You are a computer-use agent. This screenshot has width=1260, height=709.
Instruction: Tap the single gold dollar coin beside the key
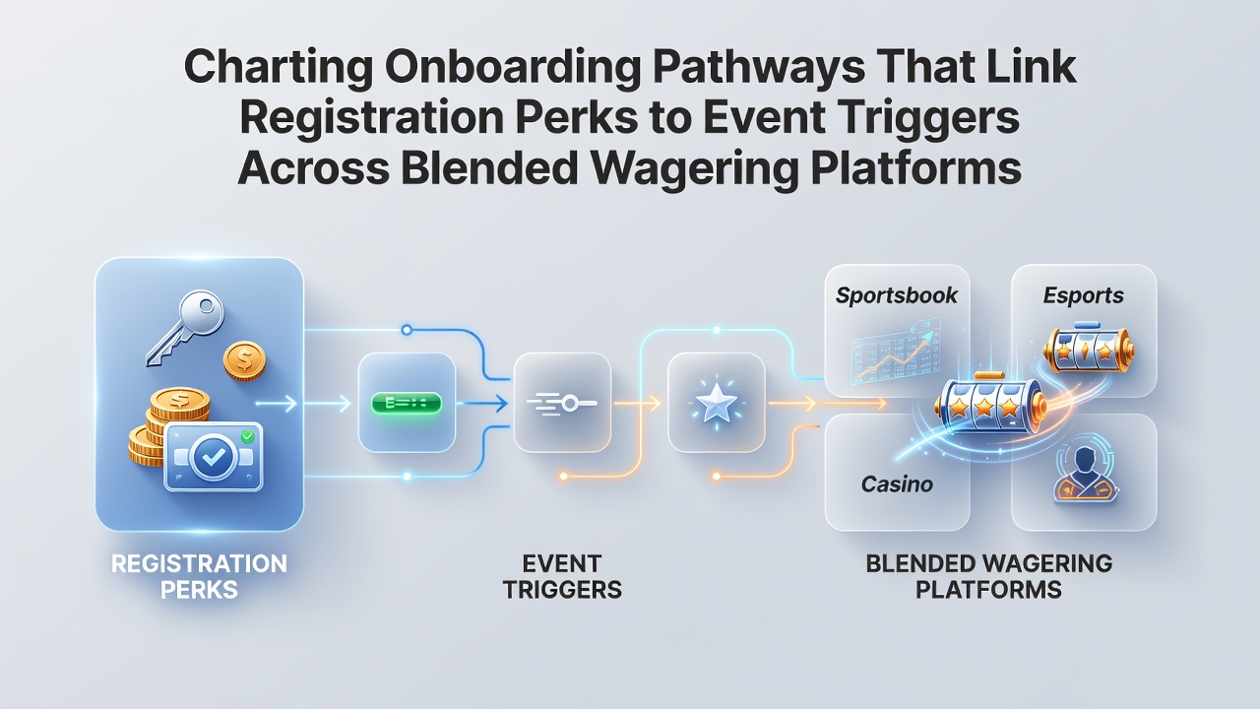pos(244,361)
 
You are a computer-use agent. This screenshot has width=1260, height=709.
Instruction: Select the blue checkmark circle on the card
pos(212,457)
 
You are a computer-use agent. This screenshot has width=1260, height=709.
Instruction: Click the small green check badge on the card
pos(247,436)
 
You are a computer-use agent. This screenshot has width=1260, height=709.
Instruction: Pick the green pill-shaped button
pos(407,403)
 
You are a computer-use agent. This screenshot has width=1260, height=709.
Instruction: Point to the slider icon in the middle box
pos(562,404)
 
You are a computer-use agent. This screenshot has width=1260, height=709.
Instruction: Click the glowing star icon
pos(716,403)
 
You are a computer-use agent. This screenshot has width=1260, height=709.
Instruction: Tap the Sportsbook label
pos(897,295)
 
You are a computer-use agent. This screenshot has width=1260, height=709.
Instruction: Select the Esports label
pos(1084,295)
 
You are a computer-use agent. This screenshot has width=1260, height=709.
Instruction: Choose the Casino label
pos(897,483)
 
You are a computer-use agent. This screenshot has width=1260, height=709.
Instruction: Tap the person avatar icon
pos(1085,474)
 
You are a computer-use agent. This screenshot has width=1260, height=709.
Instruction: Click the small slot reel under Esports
pos(1089,349)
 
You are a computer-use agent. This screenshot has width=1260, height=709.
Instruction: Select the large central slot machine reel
pos(990,404)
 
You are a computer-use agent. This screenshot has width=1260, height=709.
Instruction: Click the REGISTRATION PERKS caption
pos(199,577)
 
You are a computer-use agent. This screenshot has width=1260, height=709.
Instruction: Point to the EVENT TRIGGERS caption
pos(562,577)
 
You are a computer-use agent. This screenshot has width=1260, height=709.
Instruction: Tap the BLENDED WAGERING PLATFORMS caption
pos(989,577)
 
